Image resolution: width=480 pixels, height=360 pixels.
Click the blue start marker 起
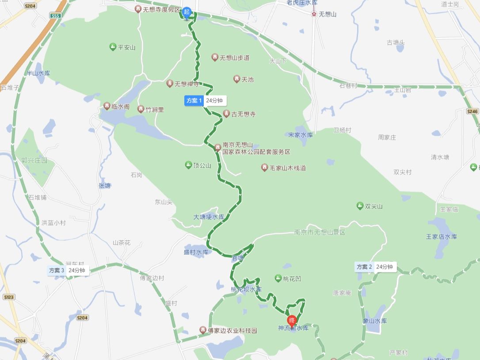pos(187,12)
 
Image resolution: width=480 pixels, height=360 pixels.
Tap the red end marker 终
pos(292,320)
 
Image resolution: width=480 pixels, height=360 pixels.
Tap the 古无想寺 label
pos(243,114)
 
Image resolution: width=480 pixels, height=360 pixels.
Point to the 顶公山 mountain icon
pos(188,165)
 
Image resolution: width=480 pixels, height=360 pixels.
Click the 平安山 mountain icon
pos(113,47)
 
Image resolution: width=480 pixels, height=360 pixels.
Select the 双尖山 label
pos(373,206)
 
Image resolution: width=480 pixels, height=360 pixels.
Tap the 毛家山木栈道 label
pos(288,168)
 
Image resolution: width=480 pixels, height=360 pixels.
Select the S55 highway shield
pos(55,15)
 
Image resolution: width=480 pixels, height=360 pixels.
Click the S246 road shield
pos(472,111)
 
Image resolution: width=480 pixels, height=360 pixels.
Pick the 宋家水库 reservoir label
pos(301,134)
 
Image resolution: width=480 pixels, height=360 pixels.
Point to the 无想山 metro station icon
pos(314,14)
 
